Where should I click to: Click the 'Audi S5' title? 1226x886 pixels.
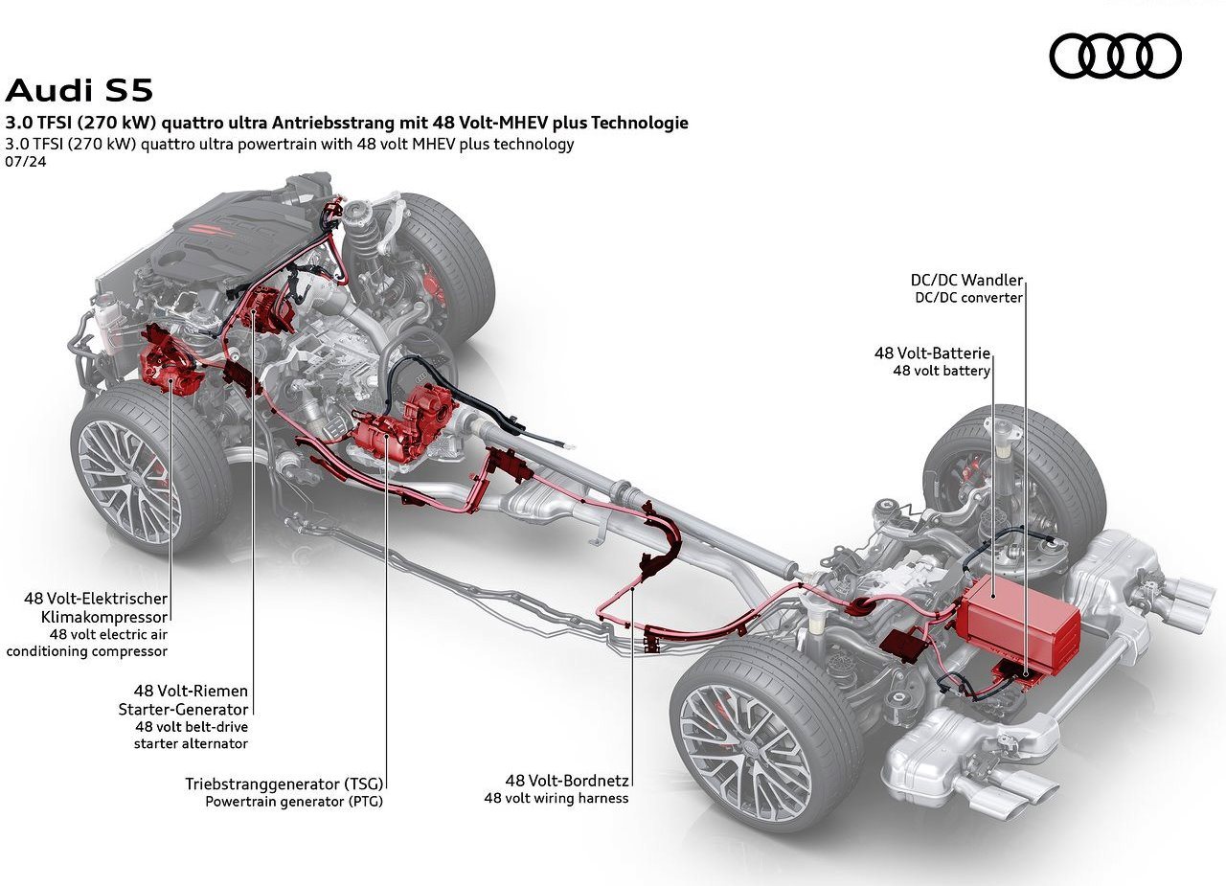(x=79, y=91)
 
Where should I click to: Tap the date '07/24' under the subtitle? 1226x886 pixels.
(x=26, y=162)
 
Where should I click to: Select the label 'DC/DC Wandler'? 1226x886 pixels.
(x=966, y=281)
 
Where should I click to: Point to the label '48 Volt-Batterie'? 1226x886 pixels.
(x=932, y=353)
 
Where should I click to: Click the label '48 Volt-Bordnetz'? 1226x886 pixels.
(x=567, y=781)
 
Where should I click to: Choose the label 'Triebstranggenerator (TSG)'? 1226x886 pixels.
(x=284, y=784)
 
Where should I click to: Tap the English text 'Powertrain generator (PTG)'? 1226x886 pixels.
(x=294, y=802)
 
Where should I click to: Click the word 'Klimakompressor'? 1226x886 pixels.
(x=104, y=617)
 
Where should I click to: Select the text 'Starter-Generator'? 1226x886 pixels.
(x=183, y=709)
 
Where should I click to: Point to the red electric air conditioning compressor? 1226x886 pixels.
(x=170, y=359)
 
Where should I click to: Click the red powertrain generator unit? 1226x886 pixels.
(x=404, y=426)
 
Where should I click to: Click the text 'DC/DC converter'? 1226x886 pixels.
(x=968, y=298)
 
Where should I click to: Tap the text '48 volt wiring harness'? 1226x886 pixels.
(x=556, y=798)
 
